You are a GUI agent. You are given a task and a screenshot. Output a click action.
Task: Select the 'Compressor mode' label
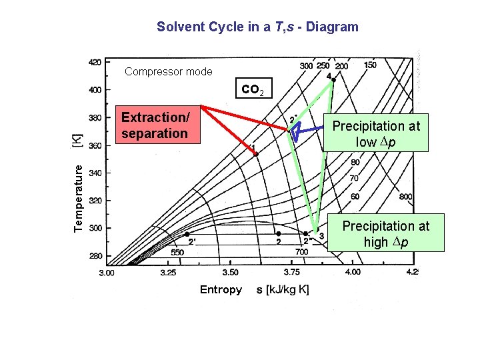pos(169,72)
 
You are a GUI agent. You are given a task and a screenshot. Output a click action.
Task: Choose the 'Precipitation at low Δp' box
pos(376,133)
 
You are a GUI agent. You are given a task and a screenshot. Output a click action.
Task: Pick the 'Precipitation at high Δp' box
pos(385,233)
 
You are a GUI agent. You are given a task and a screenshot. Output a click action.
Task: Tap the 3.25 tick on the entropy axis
pos(168,273)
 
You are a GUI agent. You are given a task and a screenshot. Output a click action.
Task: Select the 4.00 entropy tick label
pos(351,272)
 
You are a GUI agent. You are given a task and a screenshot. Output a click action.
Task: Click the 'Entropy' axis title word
pos(221,289)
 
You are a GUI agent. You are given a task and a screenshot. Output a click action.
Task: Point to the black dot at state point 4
pos(333,80)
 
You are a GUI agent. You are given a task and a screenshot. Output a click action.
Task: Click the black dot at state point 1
pos(255,153)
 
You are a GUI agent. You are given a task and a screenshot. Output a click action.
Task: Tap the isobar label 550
pos(177,253)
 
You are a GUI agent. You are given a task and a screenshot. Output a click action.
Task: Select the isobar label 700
pos(301,253)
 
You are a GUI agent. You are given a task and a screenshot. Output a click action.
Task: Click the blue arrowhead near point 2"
pos(295,130)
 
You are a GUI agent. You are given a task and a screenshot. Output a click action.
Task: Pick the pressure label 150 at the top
pos(370,65)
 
